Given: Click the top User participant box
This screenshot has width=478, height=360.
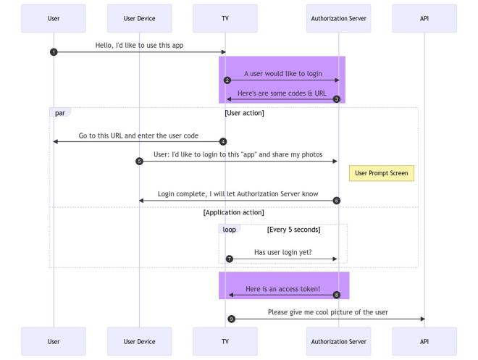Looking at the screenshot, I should (x=54, y=18).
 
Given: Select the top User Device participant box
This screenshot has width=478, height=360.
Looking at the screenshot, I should (x=139, y=18).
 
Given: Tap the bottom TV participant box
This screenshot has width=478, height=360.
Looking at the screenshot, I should (x=225, y=340).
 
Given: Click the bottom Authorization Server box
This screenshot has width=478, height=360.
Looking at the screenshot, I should (x=339, y=340).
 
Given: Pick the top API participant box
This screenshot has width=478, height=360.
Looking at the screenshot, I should (x=424, y=18).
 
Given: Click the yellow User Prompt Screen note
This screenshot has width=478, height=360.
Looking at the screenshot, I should (x=382, y=173).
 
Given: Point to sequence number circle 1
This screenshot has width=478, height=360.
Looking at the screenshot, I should (x=54, y=51).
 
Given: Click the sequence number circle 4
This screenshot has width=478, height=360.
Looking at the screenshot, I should (x=223, y=141).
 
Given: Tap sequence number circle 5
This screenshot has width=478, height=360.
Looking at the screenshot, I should (x=139, y=161).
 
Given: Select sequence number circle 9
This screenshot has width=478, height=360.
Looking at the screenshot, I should (x=231, y=319).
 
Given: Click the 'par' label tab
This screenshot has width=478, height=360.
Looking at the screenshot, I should (x=59, y=113).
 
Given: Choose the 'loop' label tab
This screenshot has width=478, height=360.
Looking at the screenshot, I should (x=229, y=229).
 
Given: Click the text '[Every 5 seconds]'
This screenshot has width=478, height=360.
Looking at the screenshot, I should (x=293, y=229).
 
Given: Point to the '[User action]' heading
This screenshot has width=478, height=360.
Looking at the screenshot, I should (x=244, y=113).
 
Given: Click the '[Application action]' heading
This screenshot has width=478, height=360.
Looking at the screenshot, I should (x=233, y=212).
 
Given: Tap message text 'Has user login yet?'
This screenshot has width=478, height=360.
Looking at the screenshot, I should (x=282, y=252).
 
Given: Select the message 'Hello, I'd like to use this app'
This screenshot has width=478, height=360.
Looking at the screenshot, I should (x=139, y=45).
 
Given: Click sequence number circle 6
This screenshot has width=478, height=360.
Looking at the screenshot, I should (x=337, y=200).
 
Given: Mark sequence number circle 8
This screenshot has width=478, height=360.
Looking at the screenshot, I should (x=337, y=295).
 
